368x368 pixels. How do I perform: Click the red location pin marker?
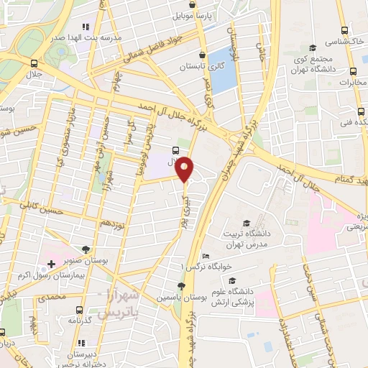tap(186, 169)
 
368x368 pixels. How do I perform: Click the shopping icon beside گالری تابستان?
tap(203, 55)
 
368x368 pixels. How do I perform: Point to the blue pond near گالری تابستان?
tap(224, 70)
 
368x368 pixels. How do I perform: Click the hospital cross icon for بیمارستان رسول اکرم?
tap(51, 264)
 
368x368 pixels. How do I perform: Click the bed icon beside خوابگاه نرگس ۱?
tap(206, 256)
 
